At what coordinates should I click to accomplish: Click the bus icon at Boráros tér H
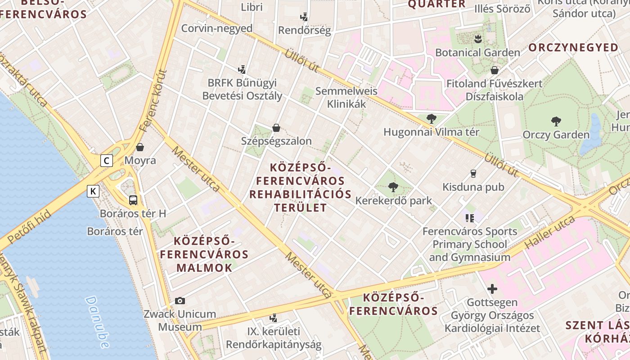[133, 200]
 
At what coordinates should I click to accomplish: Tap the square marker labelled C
[107, 160]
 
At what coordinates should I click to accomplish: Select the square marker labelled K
[93, 191]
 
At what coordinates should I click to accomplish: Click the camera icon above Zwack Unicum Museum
[180, 301]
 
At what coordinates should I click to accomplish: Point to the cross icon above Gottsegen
[492, 288]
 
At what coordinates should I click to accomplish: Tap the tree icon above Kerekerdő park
[393, 187]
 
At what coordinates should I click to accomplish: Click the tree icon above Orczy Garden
[556, 121]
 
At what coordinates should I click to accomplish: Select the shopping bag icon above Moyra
[140, 147]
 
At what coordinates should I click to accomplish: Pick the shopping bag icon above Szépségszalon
[276, 128]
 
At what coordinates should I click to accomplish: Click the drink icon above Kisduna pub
[473, 173]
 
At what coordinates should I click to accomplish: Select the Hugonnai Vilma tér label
[431, 132]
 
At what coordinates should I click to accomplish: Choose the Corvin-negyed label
[217, 28]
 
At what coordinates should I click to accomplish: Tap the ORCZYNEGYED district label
[573, 48]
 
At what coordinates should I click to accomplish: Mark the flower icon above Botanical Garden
[477, 39]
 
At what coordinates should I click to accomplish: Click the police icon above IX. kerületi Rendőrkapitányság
[273, 318]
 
